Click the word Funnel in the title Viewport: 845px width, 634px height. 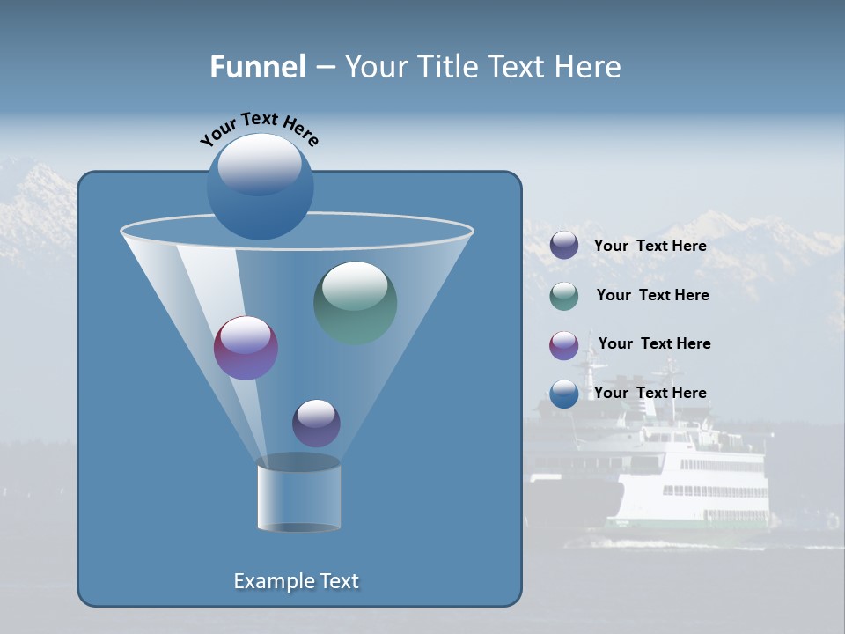258,67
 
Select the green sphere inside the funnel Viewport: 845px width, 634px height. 356,303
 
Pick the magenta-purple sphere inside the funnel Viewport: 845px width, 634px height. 246,349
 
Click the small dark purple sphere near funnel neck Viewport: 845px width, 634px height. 316,423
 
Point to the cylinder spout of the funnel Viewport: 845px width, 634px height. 298,493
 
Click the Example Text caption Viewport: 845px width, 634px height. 297,581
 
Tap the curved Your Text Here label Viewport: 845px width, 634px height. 260,129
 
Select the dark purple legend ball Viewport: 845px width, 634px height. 564,245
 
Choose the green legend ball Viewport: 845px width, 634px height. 564,296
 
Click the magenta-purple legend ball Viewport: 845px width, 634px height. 564,345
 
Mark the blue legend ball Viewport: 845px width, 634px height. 564,394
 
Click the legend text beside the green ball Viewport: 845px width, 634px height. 652,295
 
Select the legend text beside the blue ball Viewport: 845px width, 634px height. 650,393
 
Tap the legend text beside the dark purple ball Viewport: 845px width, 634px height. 650,246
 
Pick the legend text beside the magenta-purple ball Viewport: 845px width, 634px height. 654,343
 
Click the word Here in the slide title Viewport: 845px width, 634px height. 588,67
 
